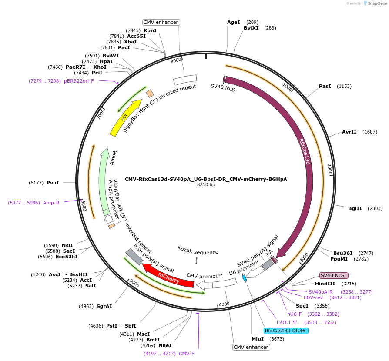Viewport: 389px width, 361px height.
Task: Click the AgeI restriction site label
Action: point(233,22)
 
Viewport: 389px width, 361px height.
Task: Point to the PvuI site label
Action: point(53,183)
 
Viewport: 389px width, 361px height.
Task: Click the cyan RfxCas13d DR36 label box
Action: point(286,331)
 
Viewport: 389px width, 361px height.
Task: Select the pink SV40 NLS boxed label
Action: point(334,275)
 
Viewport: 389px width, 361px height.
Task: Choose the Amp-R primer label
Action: point(51,203)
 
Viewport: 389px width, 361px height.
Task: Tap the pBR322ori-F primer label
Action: point(79,81)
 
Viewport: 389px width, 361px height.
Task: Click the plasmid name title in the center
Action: point(206,179)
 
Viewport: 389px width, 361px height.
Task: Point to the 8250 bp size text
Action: point(206,185)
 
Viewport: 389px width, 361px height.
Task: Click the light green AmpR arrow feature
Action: point(104,183)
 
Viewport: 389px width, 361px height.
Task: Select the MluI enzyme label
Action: point(258,339)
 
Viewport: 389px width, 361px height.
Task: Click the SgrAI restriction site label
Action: point(104,306)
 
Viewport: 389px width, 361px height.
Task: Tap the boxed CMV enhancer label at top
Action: point(161,22)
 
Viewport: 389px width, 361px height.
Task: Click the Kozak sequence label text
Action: point(198,250)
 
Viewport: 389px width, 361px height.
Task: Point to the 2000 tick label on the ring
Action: point(329,170)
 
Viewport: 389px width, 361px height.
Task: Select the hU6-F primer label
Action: point(294,314)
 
